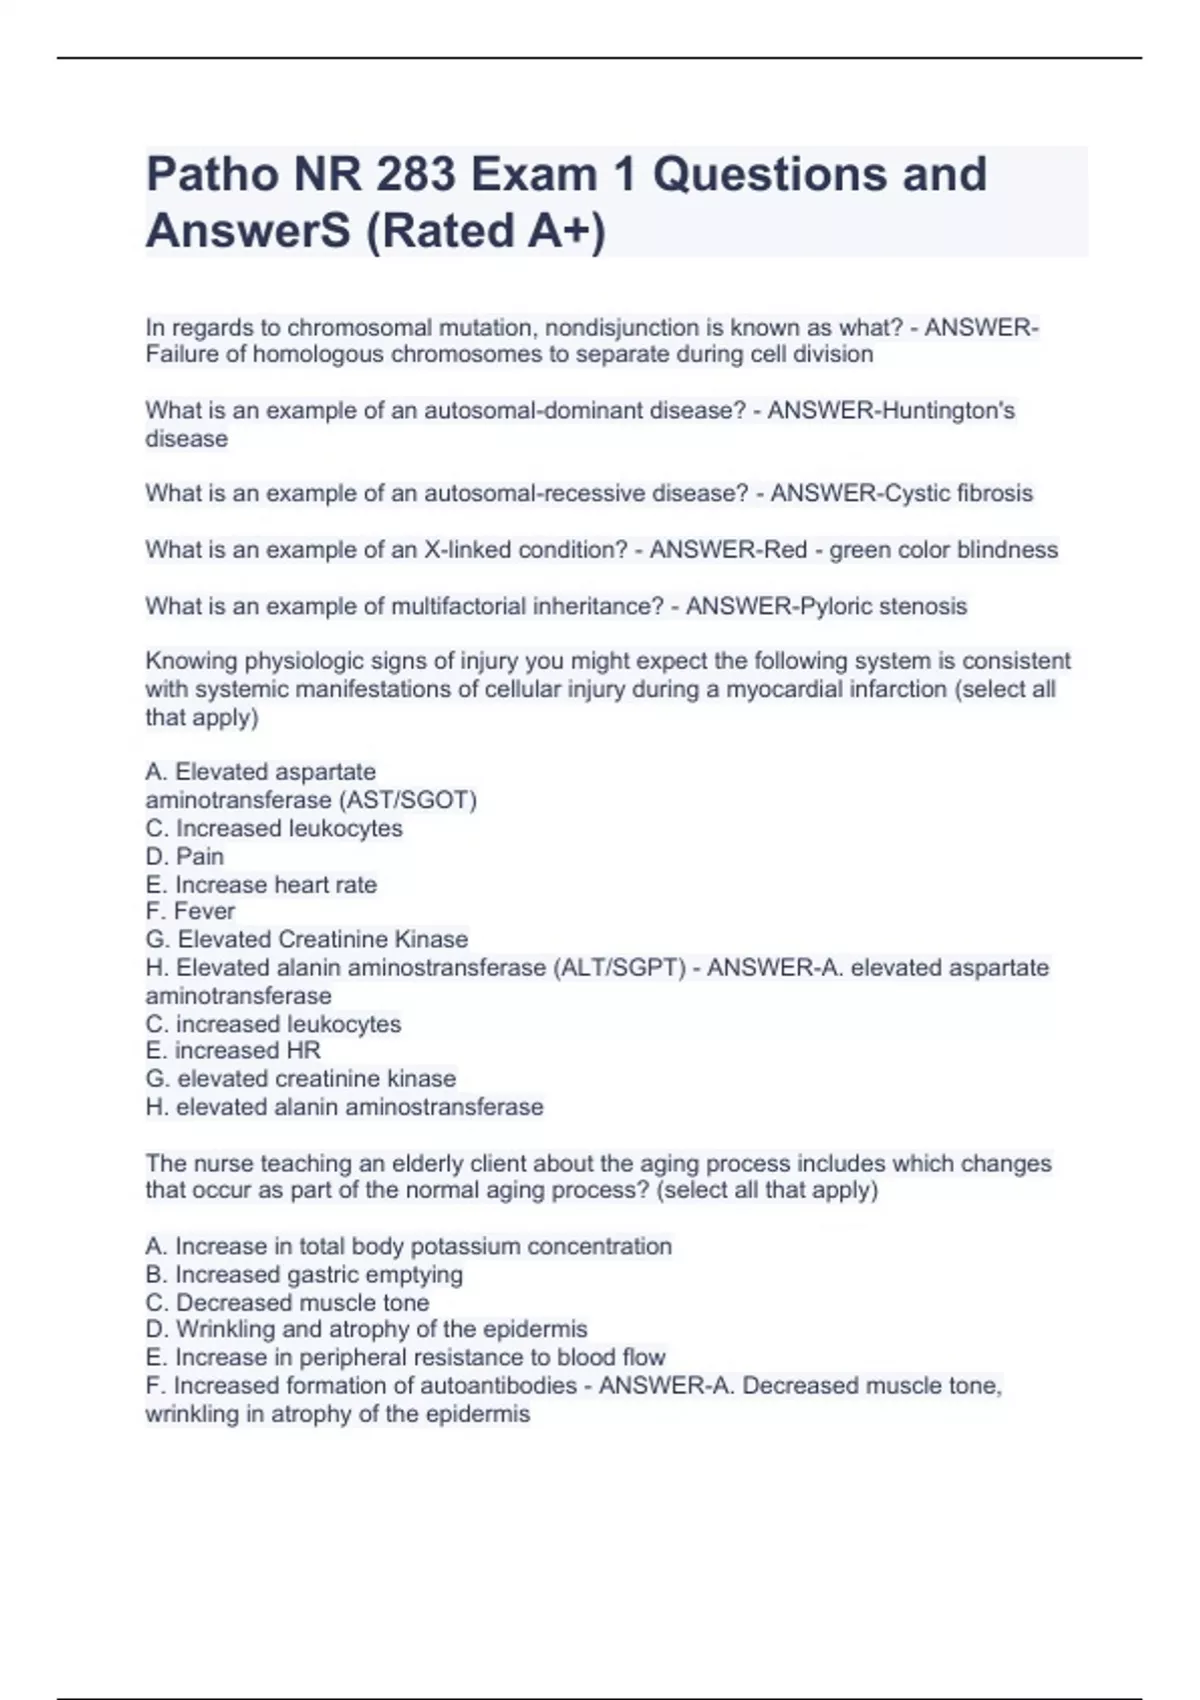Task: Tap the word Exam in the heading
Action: (x=534, y=174)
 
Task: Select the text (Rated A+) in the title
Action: (x=486, y=231)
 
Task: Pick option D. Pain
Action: (x=185, y=856)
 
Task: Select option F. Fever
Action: (x=190, y=911)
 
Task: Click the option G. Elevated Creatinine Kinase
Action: (x=307, y=939)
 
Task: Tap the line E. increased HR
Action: (x=233, y=1050)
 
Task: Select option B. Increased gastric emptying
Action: (x=304, y=1274)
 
